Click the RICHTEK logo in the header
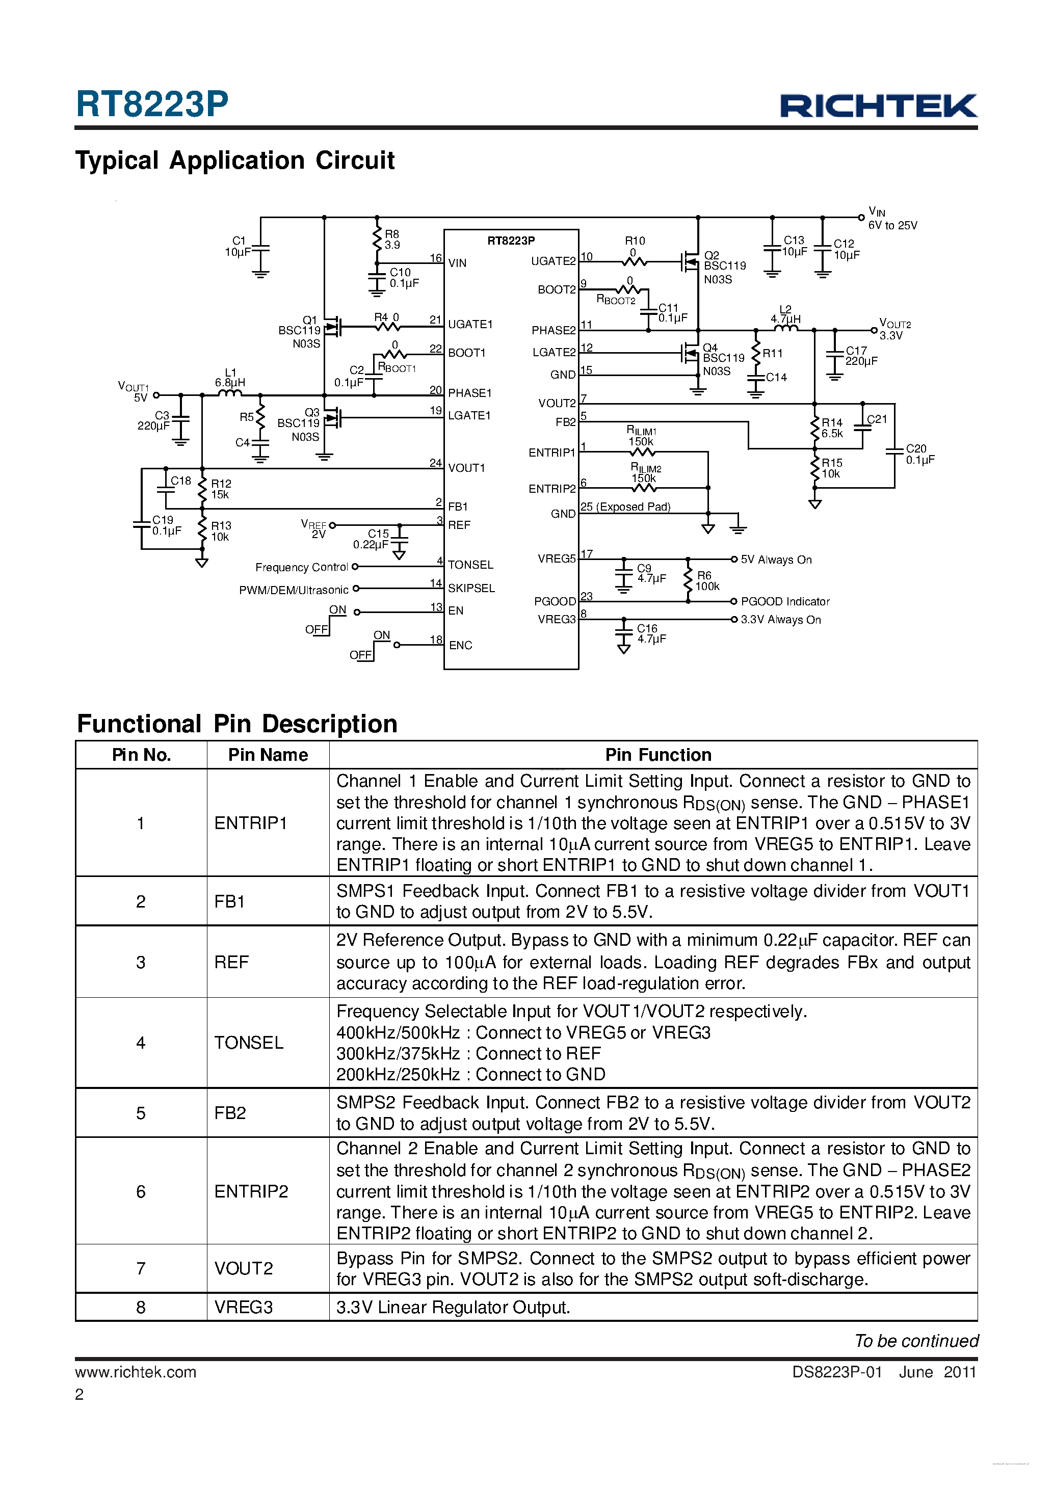pyautogui.click(x=878, y=106)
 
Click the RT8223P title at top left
pyautogui.click(x=152, y=104)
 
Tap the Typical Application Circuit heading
pyautogui.click(x=235, y=161)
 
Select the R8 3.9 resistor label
pyautogui.click(x=392, y=240)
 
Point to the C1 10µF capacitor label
pyautogui.click(x=238, y=247)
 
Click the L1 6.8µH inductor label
pyautogui.click(x=230, y=378)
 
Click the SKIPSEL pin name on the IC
pyautogui.click(x=471, y=588)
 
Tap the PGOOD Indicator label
pyautogui.click(x=785, y=602)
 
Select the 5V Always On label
pyautogui.click(x=776, y=560)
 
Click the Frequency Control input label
pyautogui.click(x=301, y=567)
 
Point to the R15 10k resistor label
pyautogui.click(x=832, y=468)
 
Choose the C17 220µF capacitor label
pyautogui.click(x=860, y=356)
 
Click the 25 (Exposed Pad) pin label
pyautogui.click(x=625, y=507)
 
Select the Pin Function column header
pyautogui.click(x=659, y=755)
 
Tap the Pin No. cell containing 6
pyautogui.click(x=141, y=1191)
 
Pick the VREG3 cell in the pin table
pyautogui.click(x=244, y=1307)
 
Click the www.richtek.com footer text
pyautogui.click(x=136, y=1372)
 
